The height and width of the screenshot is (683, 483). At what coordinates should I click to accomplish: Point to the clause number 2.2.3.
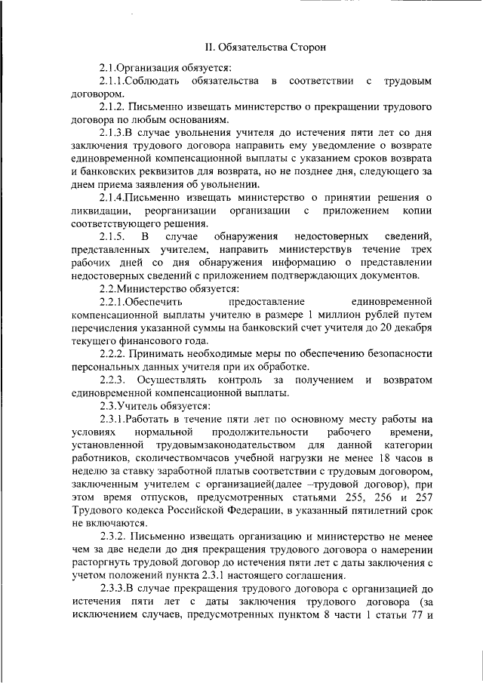(114, 379)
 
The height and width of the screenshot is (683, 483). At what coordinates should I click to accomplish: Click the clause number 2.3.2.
(113, 536)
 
